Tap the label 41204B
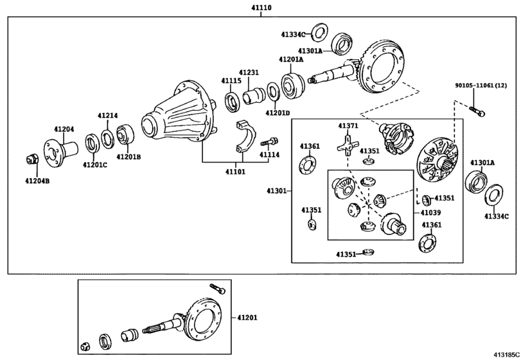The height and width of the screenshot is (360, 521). click(x=37, y=181)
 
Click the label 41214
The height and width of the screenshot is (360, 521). click(x=107, y=116)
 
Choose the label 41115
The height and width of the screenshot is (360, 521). click(x=231, y=80)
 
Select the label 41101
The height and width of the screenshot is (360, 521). click(x=235, y=172)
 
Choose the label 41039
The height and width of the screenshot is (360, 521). click(x=430, y=213)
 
